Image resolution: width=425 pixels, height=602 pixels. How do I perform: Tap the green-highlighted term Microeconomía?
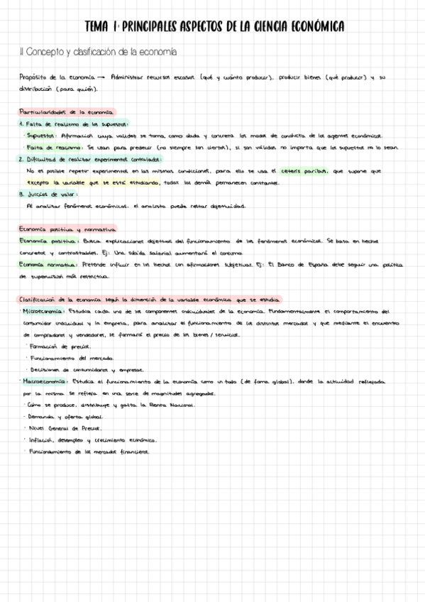coord(44,311)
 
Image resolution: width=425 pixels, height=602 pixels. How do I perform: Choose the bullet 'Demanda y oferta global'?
coord(65,417)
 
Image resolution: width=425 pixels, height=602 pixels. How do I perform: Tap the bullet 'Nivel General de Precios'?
coord(65,428)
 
